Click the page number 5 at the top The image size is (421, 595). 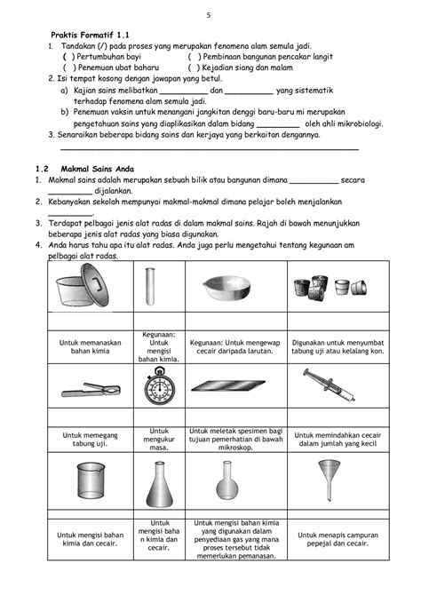(x=209, y=15)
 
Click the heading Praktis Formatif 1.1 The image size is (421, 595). (x=90, y=35)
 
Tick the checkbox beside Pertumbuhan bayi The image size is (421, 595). (x=68, y=57)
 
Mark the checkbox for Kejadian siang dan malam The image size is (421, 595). (x=194, y=67)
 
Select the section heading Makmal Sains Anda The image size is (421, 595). (x=97, y=169)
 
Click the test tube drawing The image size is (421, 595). (x=150, y=286)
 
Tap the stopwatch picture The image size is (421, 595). (x=160, y=385)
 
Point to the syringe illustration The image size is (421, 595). (x=330, y=385)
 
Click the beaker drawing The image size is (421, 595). (x=91, y=480)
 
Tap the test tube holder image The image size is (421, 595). (x=91, y=390)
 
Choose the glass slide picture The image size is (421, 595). (x=228, y=386)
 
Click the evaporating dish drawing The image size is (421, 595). (x=226, y=288)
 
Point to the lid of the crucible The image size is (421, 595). (x=94, y=284)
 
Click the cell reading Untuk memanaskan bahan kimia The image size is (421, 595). (x=91, y=347)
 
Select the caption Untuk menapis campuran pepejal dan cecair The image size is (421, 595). (x=338, y=539)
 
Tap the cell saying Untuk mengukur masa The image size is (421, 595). (x=159, y=440)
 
